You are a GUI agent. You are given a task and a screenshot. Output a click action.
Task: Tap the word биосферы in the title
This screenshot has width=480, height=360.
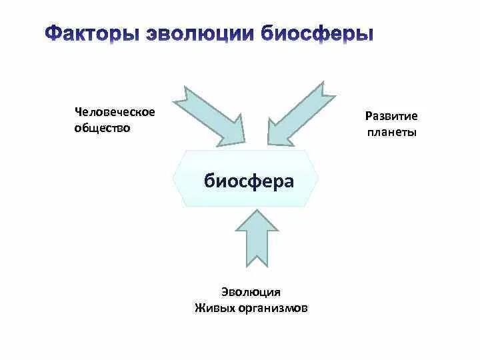point(317,35)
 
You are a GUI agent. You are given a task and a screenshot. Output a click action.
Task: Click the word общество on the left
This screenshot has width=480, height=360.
point(102,127)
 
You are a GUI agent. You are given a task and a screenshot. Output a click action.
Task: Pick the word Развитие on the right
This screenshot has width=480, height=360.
point(391,116)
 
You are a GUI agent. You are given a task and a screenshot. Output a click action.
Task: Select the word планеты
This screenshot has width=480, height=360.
point(392,132)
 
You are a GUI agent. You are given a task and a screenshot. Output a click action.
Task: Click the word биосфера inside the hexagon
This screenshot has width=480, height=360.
point(249,181)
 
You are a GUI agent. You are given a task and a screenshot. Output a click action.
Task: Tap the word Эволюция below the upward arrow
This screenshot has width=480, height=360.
point(251,292)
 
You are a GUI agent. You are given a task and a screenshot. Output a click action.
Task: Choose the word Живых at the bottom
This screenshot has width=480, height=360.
point(211,308)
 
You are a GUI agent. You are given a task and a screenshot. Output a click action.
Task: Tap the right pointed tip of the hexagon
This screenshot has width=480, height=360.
point(318,179)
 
